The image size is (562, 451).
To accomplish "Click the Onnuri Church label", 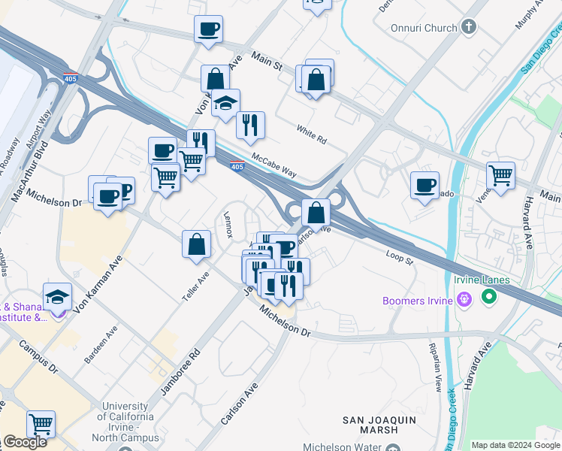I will click(x=424, y=28).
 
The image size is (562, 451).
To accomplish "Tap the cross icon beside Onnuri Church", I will click(x=469, y=28).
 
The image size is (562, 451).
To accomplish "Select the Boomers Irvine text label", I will click(x=418, y=301).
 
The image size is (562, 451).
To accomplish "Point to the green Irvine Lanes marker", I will click(x=490, y=298).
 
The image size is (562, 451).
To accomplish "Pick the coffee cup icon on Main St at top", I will click(x=208, y=29).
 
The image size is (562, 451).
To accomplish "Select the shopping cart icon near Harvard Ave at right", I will click(x=500, y=176).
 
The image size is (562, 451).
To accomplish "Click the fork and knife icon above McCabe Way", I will click(x=250, y=125).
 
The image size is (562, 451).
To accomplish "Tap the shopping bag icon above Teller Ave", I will click(x=196, y=244).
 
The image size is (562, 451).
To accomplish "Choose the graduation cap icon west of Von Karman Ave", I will click(x=57, y=298).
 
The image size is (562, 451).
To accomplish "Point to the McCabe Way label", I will click(x=274, y=165).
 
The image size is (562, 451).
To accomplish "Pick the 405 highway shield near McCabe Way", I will click(x=237, y=166).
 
